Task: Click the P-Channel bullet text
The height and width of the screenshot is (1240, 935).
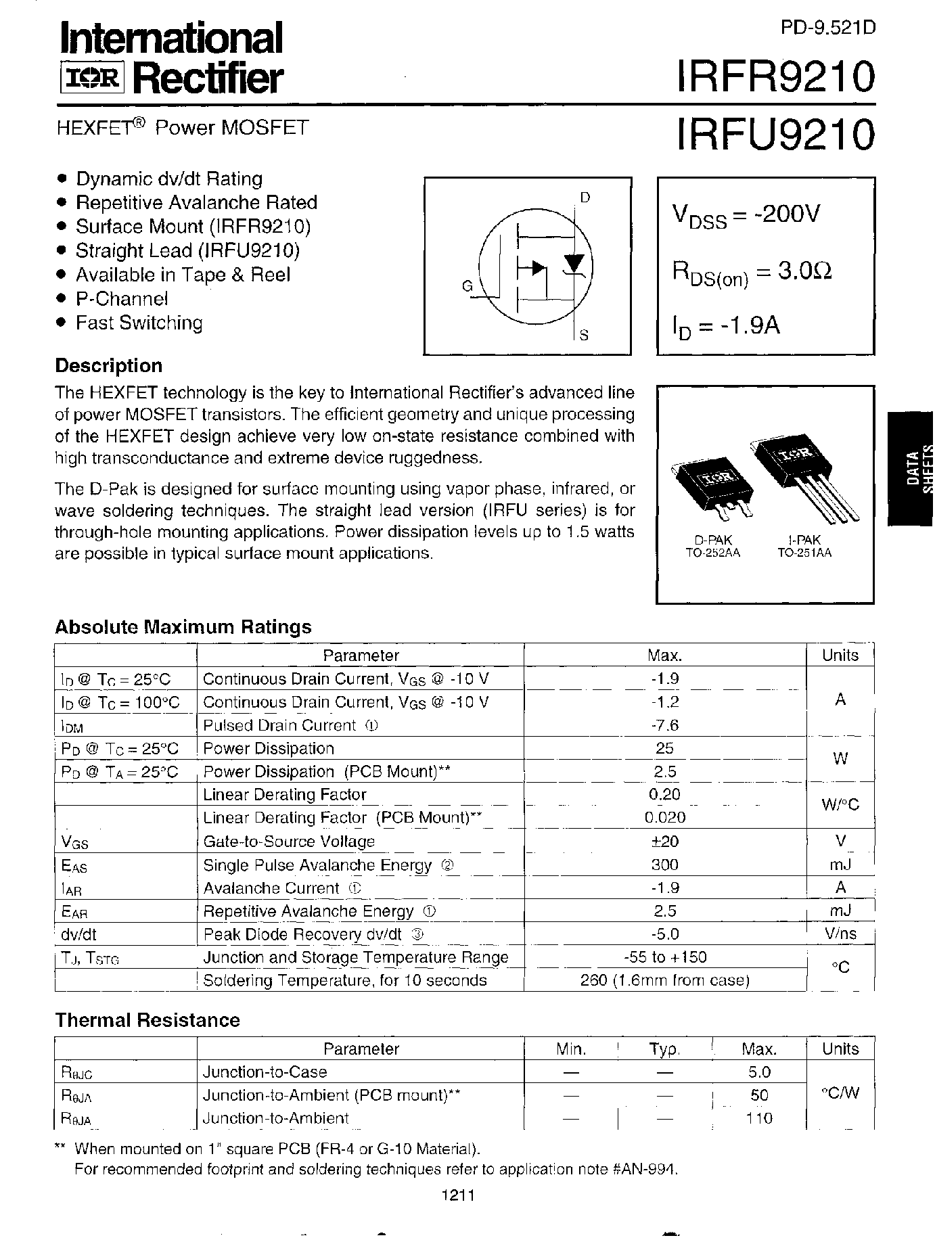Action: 122,298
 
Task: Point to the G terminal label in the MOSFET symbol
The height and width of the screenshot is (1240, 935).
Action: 467,286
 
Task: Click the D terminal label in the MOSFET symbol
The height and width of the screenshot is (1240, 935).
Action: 585,198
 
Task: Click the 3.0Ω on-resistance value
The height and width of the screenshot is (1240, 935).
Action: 804,271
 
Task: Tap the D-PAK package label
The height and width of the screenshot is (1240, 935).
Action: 713,540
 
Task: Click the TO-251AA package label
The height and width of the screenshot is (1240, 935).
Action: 804,552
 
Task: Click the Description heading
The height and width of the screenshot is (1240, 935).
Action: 109,366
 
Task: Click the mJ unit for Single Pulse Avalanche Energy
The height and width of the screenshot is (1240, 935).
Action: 840,864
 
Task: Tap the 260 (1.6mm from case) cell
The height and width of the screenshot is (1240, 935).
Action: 664,980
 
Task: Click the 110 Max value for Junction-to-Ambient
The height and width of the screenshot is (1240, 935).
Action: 758,1118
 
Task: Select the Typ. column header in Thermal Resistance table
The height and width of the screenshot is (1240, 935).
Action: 664,1049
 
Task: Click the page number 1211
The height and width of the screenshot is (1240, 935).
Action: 458,1195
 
